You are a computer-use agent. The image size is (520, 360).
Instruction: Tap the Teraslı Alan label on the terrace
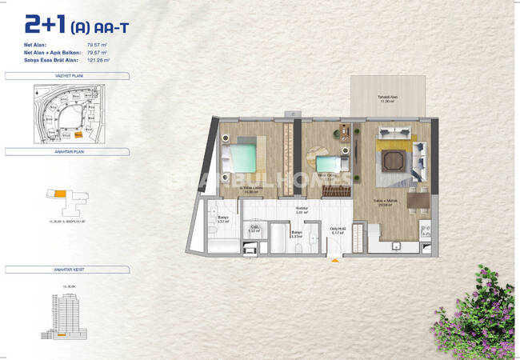click(388, 98)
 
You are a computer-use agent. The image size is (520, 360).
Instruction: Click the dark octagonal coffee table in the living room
click(394, 161)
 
